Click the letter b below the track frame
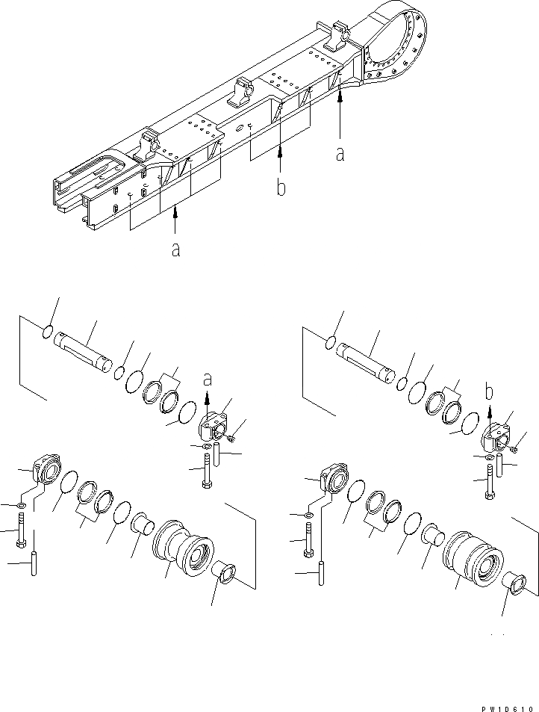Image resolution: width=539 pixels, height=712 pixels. pos(281,188)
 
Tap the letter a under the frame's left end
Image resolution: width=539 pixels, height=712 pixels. pos(175,250)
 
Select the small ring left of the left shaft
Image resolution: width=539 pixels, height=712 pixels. pos(46,332)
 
